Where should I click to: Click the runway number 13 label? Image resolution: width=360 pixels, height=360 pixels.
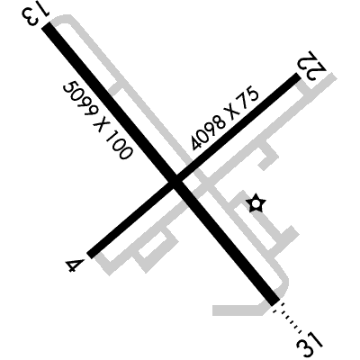(35, 15)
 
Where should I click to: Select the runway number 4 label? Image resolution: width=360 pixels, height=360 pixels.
(74, 265)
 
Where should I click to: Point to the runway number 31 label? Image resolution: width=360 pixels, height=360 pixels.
(310, 344)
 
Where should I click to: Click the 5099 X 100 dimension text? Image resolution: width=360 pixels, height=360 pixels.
(97, 121)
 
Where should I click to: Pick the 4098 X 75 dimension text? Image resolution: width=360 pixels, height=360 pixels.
(225, 120)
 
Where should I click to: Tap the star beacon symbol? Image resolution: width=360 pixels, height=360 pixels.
(256, 203)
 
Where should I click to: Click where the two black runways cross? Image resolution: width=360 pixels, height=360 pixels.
(175, 183)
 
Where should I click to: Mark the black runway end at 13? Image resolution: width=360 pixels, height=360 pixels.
(47, 27)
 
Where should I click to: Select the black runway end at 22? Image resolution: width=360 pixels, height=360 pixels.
(297, 77)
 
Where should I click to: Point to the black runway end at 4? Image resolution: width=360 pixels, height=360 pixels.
(90, 255)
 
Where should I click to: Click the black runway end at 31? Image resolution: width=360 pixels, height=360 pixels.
(275, 301)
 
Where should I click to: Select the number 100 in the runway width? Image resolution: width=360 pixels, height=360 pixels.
(119, 145)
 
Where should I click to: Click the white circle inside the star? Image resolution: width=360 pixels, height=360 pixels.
(256, 204)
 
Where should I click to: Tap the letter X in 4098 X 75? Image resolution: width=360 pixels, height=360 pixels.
(234, 112)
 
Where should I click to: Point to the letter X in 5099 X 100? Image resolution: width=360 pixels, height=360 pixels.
(101, 124)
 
